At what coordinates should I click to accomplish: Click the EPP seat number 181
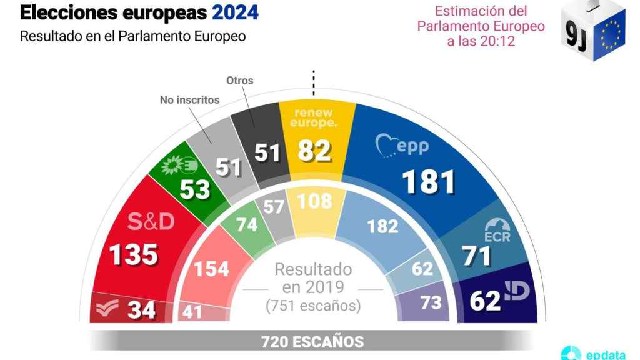coord(428,181)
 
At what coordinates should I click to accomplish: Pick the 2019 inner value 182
coord(382,226)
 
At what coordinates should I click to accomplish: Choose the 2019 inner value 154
coord(212,269)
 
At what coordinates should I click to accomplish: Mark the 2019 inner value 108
coord(315,202)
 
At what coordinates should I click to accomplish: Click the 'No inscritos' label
coord(189,99)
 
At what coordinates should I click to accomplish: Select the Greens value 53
coord(194,189)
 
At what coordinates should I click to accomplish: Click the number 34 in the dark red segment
coord(141,310)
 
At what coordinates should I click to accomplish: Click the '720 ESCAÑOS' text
coord(312,342)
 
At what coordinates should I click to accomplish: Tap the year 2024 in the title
coord(234,12)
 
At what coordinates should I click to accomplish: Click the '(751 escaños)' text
coord(313,307)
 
